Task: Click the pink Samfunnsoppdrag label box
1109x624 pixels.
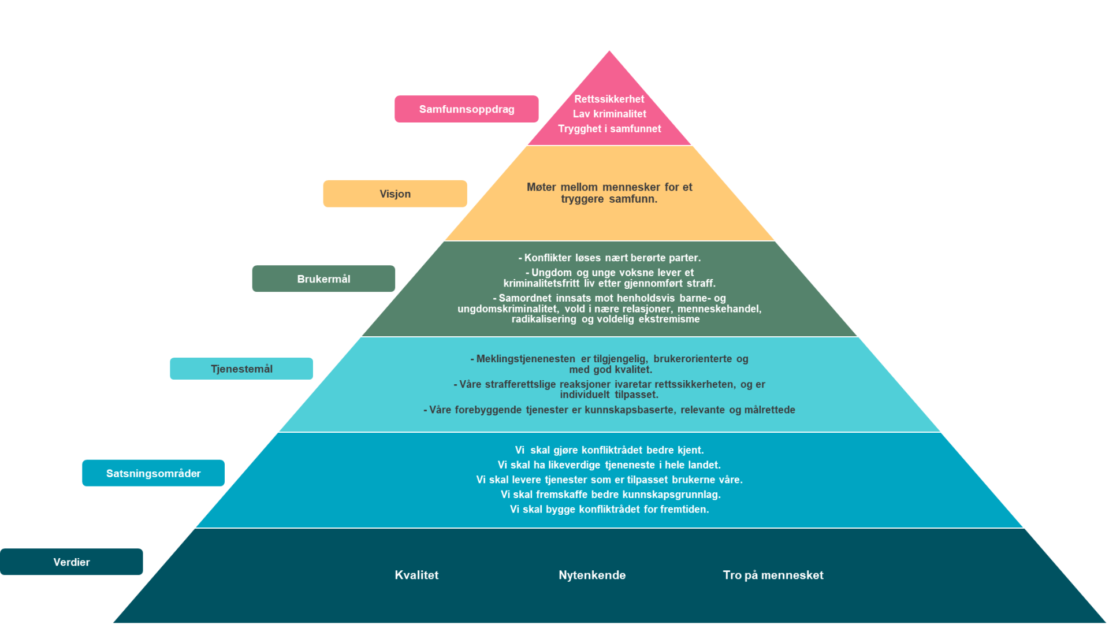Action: (466, 109)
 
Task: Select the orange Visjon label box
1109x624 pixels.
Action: (395, 194)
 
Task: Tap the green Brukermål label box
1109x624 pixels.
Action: (323, 279)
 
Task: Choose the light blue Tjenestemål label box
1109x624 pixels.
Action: (241, 369)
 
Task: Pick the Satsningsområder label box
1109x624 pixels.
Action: (153, 474)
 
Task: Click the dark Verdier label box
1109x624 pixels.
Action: (71, 562)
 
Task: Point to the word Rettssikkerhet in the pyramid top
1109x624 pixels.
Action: (609, 99)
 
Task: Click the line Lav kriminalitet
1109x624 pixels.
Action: (609, 114)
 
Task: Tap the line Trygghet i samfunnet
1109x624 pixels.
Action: (609, 129)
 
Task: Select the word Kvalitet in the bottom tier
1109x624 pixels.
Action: (416, 575)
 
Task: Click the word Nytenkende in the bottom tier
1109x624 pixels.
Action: (592, 575)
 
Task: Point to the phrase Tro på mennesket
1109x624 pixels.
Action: (773, 575)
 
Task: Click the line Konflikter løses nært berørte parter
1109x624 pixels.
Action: (609, 258)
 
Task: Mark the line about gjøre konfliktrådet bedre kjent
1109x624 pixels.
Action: (609, 450)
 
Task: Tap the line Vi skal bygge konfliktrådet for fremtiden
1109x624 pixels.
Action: (609, 510)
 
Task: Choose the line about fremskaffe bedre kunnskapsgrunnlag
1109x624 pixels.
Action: (609, 495)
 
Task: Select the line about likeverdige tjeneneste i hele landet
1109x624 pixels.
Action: (609, 465)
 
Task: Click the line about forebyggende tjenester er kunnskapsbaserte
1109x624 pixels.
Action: (609, 410)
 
